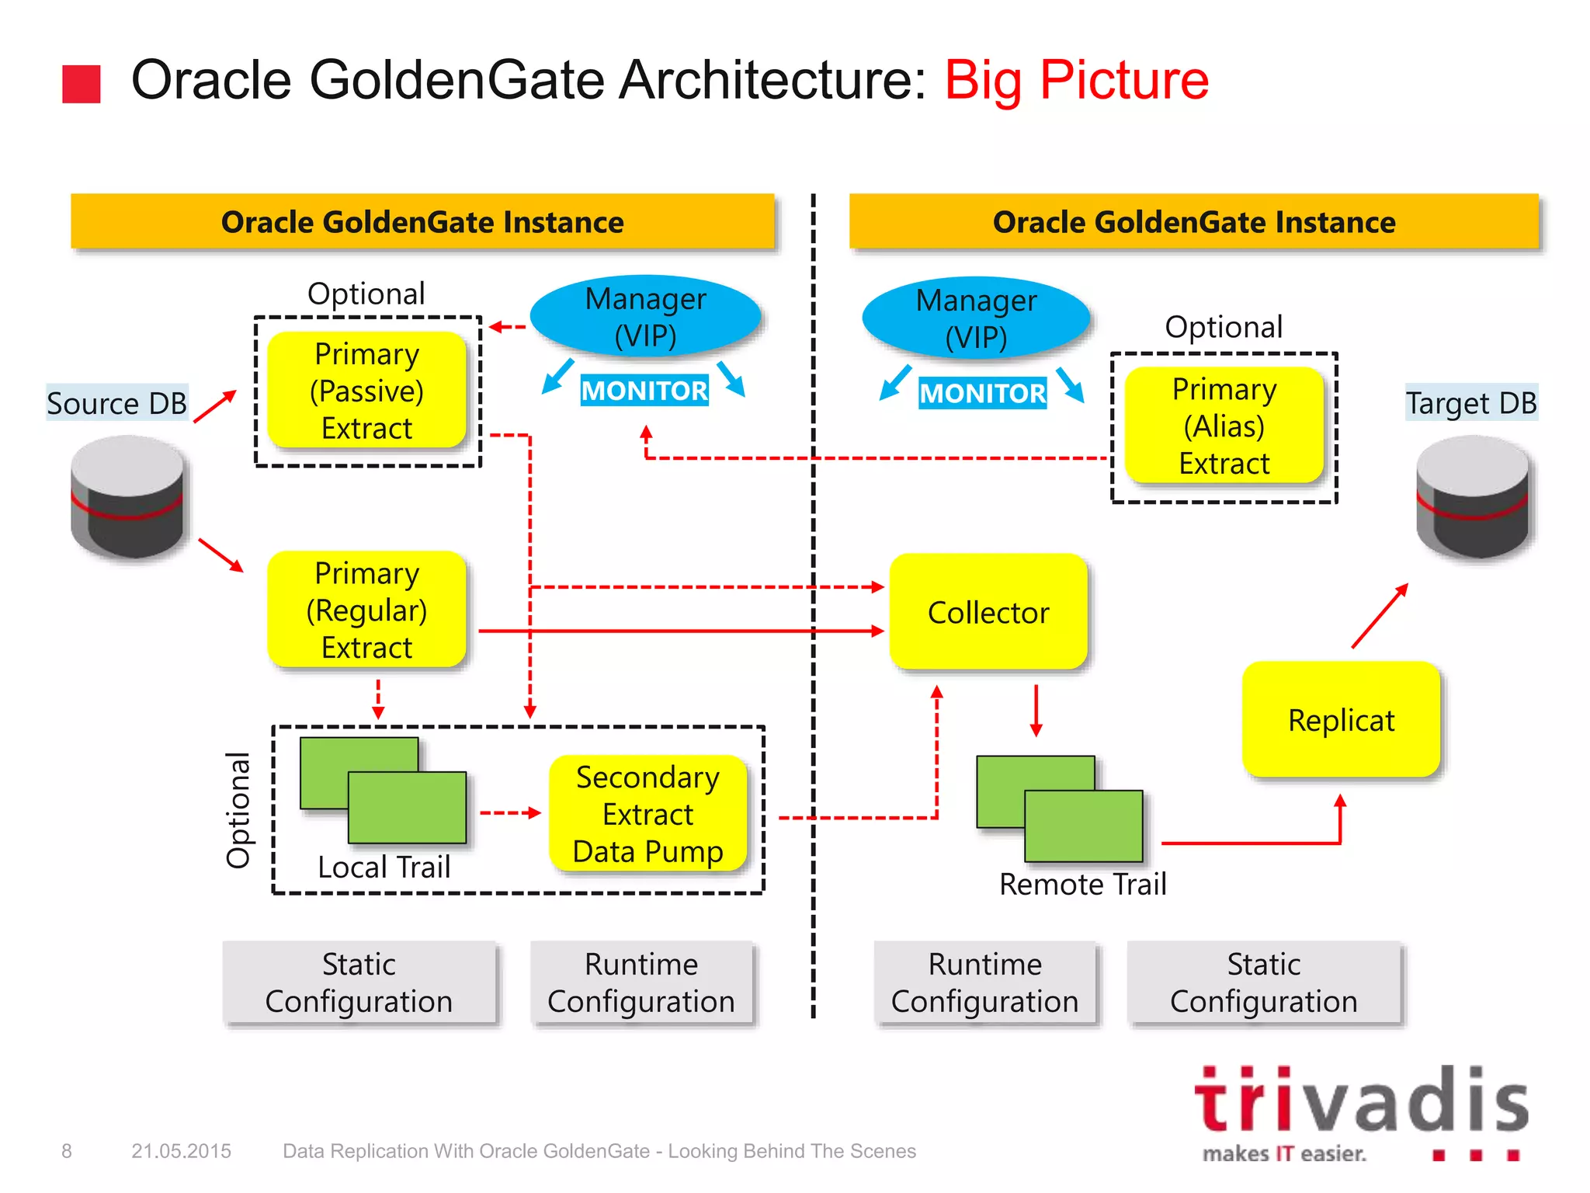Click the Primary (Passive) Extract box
tap(366, 391)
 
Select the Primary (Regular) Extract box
tap(366, 610)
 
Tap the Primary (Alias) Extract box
tap(1224, 426)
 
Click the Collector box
tap(988, 612)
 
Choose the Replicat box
tap(1341, 719)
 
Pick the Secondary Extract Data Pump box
tap(647, 814)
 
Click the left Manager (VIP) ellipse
tap(645, 317)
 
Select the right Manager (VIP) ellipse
tap(976, 318)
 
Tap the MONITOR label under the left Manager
tap(644, 390)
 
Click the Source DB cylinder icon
tap(127, 497)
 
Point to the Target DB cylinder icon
tap(1472, 497)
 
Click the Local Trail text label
tap(384, 867)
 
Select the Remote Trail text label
tap(1082, 884)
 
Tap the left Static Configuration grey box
tap(359, 983)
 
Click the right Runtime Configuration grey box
tap(984, 983)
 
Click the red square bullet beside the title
tap(82, 84)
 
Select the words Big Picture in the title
tap(1076, 80)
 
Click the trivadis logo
tap(1360, 1111)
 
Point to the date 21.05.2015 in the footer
tap(181, 1151)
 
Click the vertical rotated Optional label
tap(238, 809)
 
